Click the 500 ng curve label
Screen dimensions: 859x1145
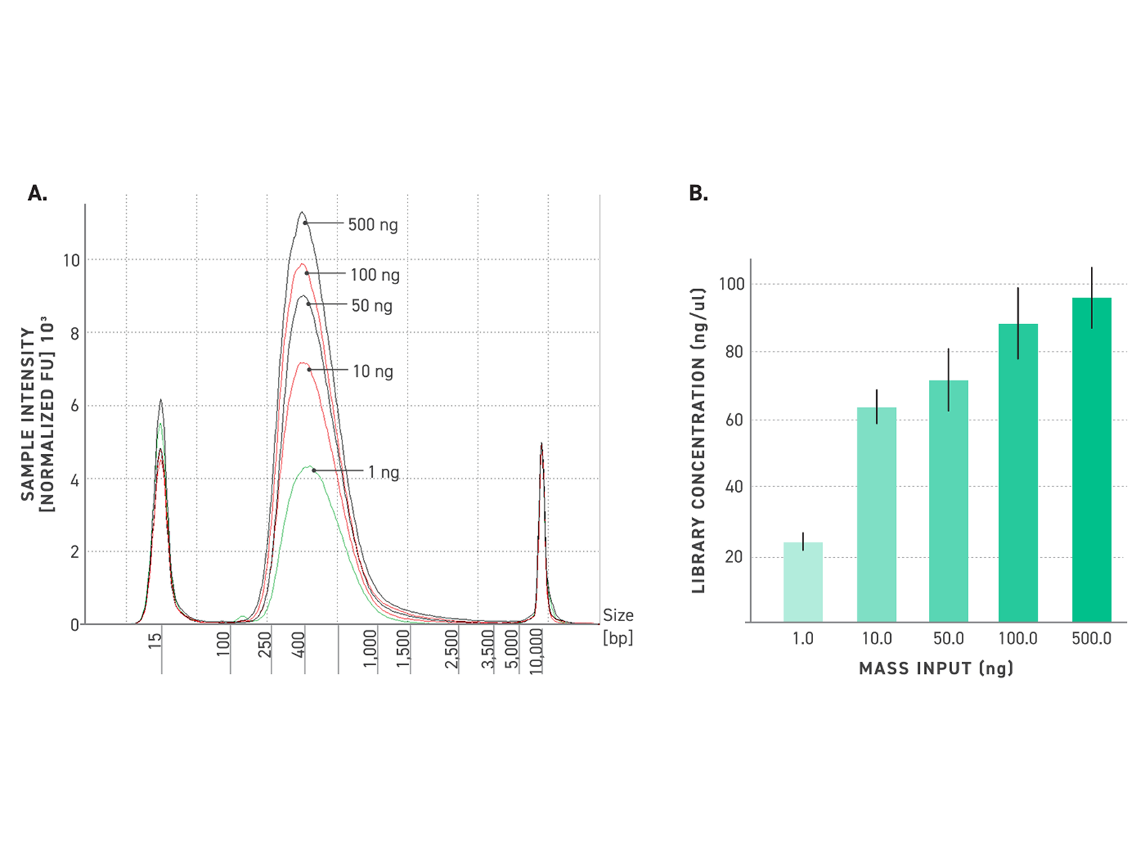pyautogui.click(x=373, y=225)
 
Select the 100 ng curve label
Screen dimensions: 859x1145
pyautogui.click(x=375, y=274)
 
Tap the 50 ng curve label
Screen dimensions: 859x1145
pyautogui.click(x=372, y=305)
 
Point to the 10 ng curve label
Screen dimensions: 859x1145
pyautogui.click(x=373, y=371)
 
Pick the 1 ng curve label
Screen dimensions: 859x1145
pyautogui.click(x=383, y=472)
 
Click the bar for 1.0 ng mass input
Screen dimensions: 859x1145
pyautogui.click(x=803, y=582)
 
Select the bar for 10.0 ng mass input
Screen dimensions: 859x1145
pyautogui.click(x=876, y=515)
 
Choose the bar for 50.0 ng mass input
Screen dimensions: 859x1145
pyautogui.click(x=948, y=501)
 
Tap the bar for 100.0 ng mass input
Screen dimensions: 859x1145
pyautogui.click(x=1018, y=473)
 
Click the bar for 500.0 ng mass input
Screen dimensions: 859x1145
pyautogui.click(x=1091, y=460)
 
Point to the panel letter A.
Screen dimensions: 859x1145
pyautogui.click(x=37, y=194)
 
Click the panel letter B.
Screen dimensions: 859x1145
pyautogui.click(x=698, y=194)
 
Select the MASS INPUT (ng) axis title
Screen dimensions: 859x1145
pyautogui.click(x=936, y=668)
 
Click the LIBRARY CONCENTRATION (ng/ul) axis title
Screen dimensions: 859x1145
pyautogui.click(x=699, y=441)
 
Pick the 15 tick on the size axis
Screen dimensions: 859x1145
pyautogui.click(x=155, y=640)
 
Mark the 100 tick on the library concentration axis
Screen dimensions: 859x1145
pyautogui.click(x=731, y=284)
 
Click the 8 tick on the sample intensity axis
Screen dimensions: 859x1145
pyautogui.click(x=74, y=334)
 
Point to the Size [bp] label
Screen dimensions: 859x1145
pyautogui.click(x=617, y=626)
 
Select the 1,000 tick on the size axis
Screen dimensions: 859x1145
pyautogui.click(x=370, y=648)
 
